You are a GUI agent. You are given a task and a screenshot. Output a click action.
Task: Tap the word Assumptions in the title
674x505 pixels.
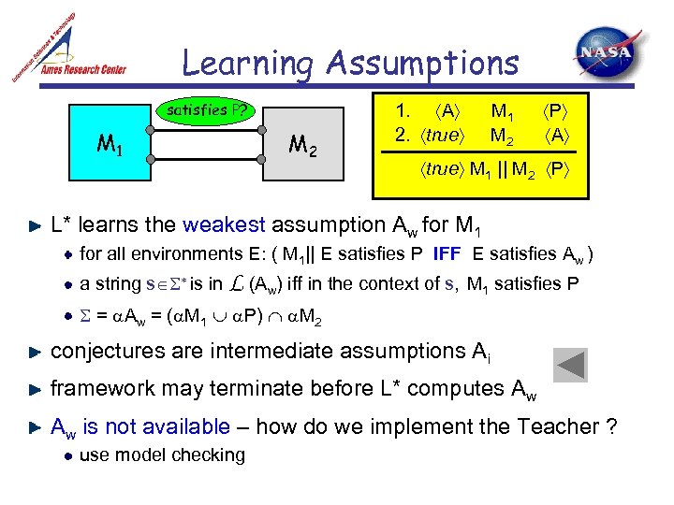pos(422,63)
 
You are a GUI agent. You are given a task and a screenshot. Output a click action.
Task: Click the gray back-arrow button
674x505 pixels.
pos(570,366)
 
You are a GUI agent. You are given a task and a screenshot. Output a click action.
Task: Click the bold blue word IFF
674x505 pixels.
pos(446,253)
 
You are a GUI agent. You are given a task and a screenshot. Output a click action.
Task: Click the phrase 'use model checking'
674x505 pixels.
pos(162,455)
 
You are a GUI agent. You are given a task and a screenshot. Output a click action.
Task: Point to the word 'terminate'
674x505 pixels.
pos(282,388)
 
